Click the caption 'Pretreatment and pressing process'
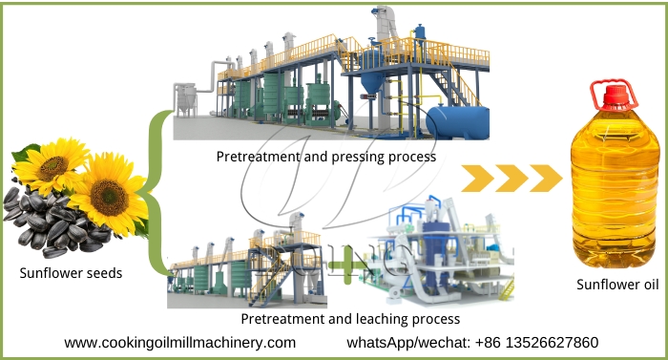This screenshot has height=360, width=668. (326, 156)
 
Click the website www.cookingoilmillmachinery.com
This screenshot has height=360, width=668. (180, 342)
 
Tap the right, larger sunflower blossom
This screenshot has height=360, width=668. (108, 195)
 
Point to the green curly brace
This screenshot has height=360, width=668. (153, 191)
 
